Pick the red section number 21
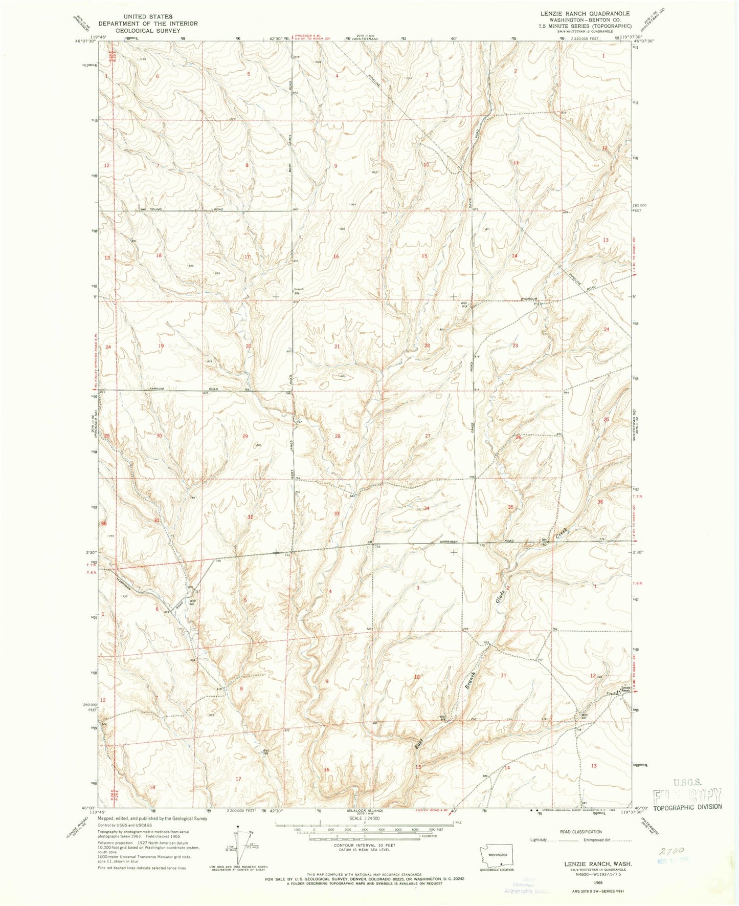click(337, 347)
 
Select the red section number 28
click(337, 436)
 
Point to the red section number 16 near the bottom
click(326, 770)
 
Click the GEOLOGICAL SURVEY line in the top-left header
click(148, 30)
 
